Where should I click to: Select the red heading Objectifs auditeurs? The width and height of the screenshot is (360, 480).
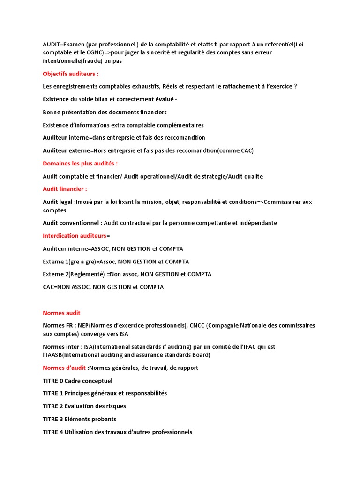[70, 74]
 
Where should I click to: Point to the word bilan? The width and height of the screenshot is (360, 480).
[102, 99]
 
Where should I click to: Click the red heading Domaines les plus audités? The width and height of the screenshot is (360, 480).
[80, 164]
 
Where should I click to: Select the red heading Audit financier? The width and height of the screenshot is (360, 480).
[65, 189]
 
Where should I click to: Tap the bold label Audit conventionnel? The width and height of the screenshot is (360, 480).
[72, 223]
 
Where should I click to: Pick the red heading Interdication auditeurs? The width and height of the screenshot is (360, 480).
[74, 236]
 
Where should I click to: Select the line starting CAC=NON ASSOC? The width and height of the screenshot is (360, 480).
[103, 287]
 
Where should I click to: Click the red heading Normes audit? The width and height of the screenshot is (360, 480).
[61, 313]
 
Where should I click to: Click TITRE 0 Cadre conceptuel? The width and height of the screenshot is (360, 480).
[77, 381]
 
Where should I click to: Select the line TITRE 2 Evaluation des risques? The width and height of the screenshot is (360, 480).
[84, 406]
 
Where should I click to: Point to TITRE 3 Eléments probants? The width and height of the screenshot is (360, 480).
[79, 419]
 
